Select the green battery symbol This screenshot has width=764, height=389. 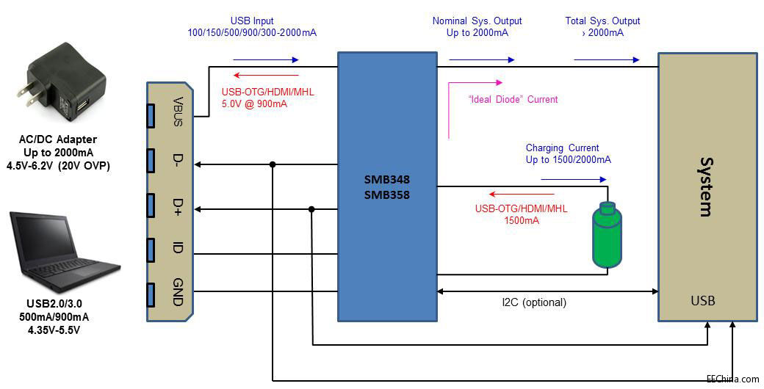pos(607,233)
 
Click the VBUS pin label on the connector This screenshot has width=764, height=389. pos(177,112)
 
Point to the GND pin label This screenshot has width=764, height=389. pos(177,294)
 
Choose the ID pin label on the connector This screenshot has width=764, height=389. pos(177,248)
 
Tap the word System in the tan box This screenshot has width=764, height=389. pos(705,186)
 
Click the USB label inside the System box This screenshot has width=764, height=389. pos(702,301)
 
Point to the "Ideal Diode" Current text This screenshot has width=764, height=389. pos(513,99)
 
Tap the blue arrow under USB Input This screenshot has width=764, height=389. pos(265,60)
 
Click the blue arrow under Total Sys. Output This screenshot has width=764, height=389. pos(606,60)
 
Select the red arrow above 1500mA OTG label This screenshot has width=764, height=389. pos(522,194)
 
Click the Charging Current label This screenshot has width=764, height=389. pos(562,148)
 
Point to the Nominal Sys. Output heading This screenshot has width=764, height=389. pos(477,21)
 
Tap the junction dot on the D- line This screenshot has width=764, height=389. pos(273,164)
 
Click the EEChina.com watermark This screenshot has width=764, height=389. pos(732,379)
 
